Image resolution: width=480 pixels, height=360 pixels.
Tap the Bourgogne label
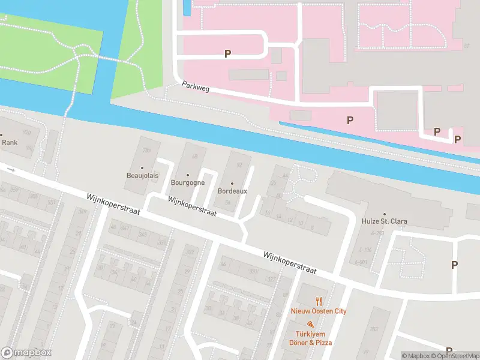point(188,182)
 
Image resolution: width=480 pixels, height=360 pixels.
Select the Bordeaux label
point(232,191)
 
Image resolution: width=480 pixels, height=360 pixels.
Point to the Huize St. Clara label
point(385,221)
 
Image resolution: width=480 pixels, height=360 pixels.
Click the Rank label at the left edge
point(9,143)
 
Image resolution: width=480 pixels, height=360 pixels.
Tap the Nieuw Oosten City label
point(319,311)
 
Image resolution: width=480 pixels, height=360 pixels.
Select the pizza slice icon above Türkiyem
point(310,324)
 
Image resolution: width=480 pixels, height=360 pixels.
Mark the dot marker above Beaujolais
point(142,168)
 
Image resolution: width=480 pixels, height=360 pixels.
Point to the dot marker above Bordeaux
point(232,182)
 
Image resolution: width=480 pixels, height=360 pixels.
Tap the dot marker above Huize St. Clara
point(385,212)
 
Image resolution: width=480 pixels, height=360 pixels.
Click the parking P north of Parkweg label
point(227,54)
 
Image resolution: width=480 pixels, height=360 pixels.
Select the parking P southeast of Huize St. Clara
point(454,265)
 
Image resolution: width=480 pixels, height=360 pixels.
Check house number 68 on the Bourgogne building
point(194,157)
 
